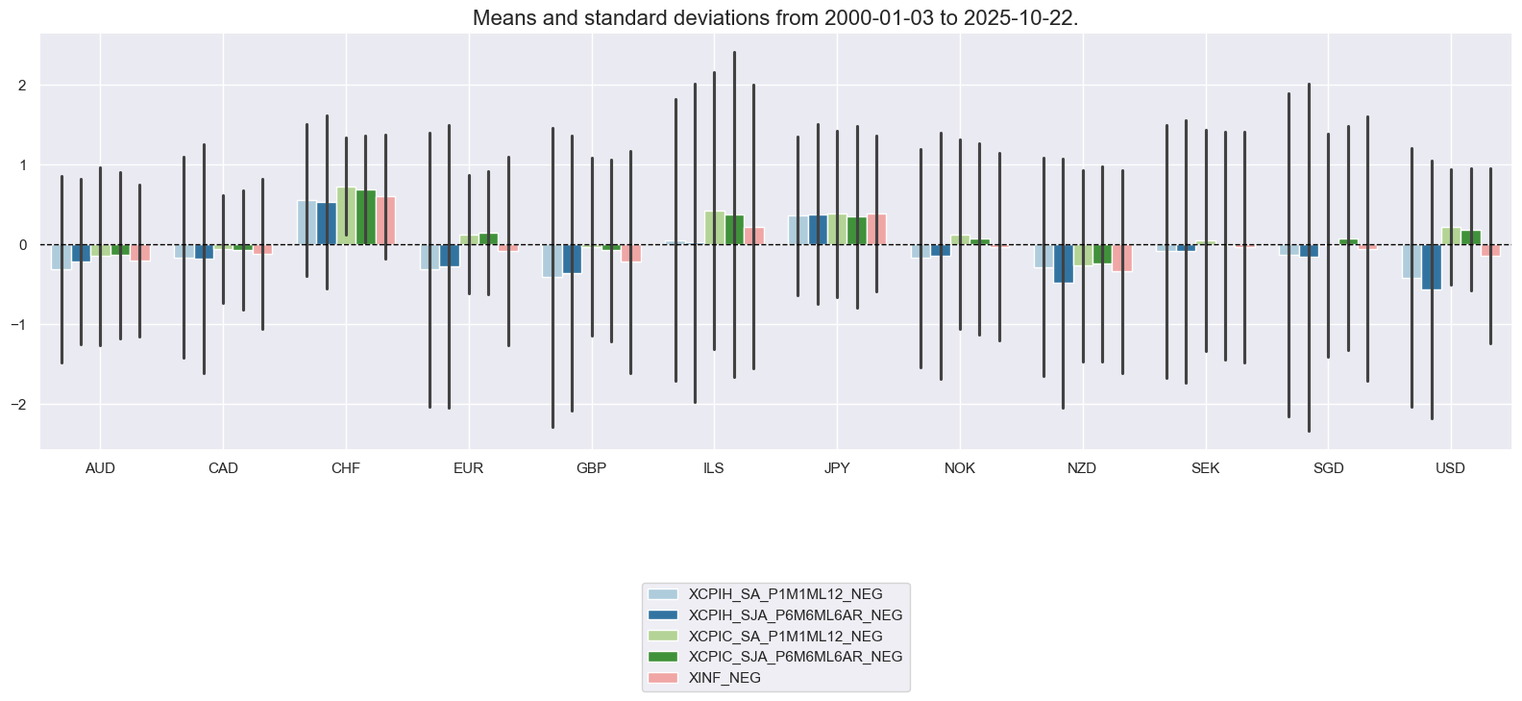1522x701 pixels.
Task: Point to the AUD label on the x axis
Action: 100,468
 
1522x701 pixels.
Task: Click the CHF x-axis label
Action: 346,468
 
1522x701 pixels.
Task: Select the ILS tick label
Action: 714,468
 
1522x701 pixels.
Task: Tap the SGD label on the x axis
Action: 1328,468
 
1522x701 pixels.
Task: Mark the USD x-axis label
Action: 1450,468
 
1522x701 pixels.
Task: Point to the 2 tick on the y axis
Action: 22,86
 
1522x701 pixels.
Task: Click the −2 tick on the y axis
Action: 18,405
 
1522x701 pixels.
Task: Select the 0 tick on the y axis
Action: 22,245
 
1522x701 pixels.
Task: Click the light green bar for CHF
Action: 346,216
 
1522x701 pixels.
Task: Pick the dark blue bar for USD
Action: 1432,266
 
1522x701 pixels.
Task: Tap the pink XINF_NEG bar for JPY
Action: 876,230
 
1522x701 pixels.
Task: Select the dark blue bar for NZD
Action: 1063,263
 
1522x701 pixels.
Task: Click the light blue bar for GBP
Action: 552,261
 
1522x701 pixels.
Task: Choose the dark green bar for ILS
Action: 734,230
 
